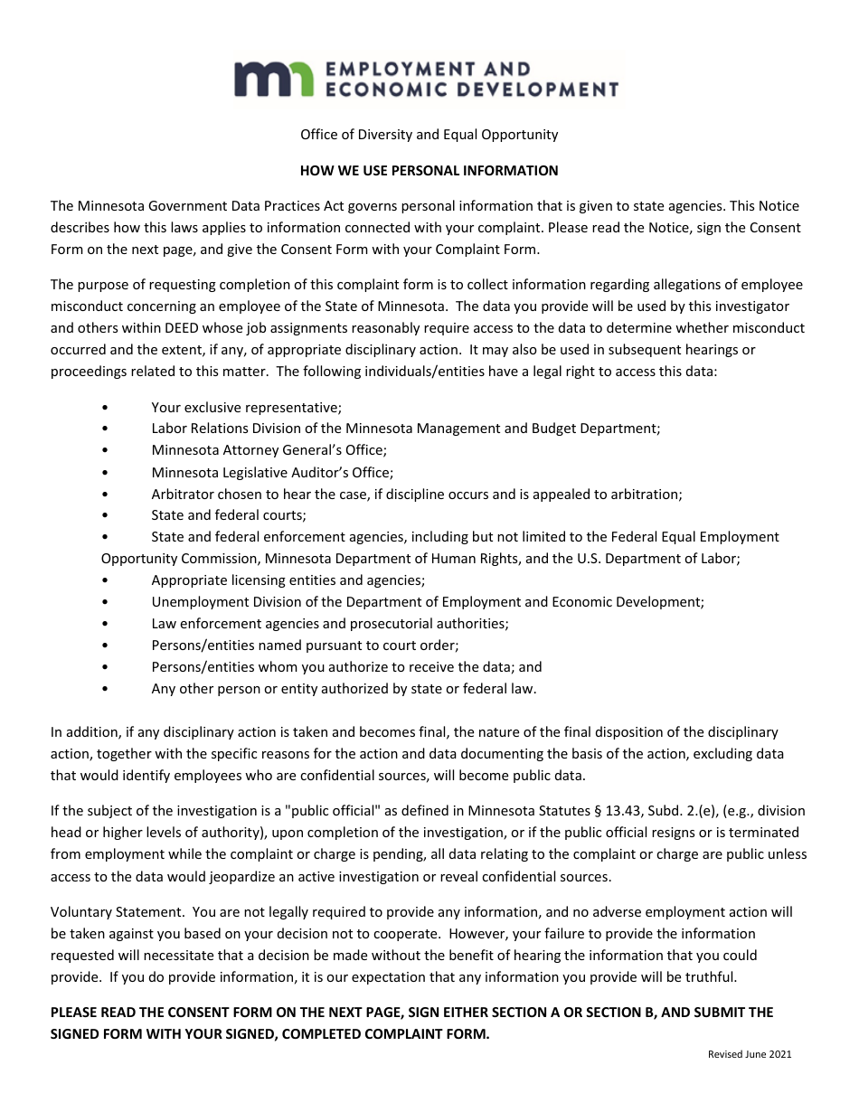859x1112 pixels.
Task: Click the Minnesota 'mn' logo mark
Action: click(272, 80)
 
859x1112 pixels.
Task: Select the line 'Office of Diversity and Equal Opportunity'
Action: click(429, 135)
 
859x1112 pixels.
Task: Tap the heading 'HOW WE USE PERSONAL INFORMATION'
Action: click(429, 170)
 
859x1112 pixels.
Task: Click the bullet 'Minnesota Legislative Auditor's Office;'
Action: click(272, 472)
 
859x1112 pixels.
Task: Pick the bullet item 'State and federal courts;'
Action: click(229, 515)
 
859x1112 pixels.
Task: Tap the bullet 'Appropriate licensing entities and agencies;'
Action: click(288, 580)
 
